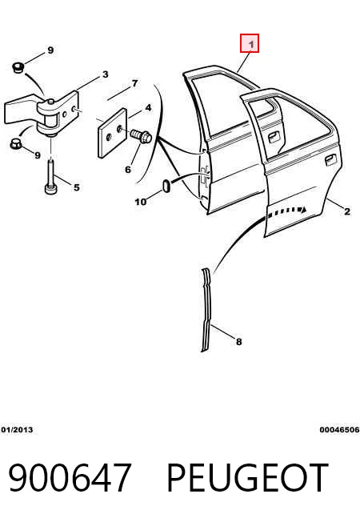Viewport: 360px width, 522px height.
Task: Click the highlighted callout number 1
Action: coord(250,43)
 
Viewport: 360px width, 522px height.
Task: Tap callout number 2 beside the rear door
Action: coord(347,211)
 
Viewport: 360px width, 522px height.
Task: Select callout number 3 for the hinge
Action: coord(105,74)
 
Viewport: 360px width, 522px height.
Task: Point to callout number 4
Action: coord(148,108)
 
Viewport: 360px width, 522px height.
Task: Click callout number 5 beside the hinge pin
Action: coord(77,187)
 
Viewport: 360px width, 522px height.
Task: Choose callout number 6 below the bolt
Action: coord(128,170)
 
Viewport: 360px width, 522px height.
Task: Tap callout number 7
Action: coord(134,83)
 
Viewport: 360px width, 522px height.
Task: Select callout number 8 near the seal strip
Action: coord(239,342)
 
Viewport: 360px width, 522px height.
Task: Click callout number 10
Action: coord(141,202)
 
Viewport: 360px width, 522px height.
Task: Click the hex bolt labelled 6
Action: coord(141,135)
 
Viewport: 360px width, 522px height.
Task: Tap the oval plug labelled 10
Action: coord(166,186)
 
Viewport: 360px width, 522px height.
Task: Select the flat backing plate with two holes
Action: coord(112,133)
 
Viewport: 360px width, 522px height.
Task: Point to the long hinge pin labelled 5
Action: coord(51,177)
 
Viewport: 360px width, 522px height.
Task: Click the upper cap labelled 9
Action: coord(18,67)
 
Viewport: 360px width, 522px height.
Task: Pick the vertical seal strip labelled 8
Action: coord(206,310)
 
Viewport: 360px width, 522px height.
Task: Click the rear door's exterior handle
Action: coord(330,159)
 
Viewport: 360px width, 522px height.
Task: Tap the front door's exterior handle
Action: coord(274,137)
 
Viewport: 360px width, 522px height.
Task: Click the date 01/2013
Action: coord(18,430)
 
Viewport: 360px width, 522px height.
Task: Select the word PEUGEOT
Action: coord(246,477)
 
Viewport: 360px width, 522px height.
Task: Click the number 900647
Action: coord(69,477)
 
